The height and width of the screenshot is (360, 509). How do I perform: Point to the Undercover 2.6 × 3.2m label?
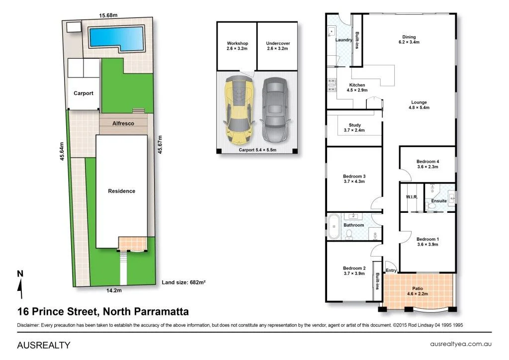tap(278, 46)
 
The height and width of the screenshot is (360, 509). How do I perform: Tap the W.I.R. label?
tap(411, 197)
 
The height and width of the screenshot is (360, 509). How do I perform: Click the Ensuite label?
tap(439, 200)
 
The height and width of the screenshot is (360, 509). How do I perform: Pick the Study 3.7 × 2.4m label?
tap(354, 128)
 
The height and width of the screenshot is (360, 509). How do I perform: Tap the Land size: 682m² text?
tap(184, 282)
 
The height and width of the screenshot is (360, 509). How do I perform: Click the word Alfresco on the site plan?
tap(123, 123)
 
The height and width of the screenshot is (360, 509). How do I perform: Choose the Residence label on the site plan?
tap(122, 191)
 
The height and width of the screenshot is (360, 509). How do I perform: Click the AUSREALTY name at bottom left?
tap(44, 345)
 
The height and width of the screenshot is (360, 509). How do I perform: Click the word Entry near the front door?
tap(391, 270)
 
